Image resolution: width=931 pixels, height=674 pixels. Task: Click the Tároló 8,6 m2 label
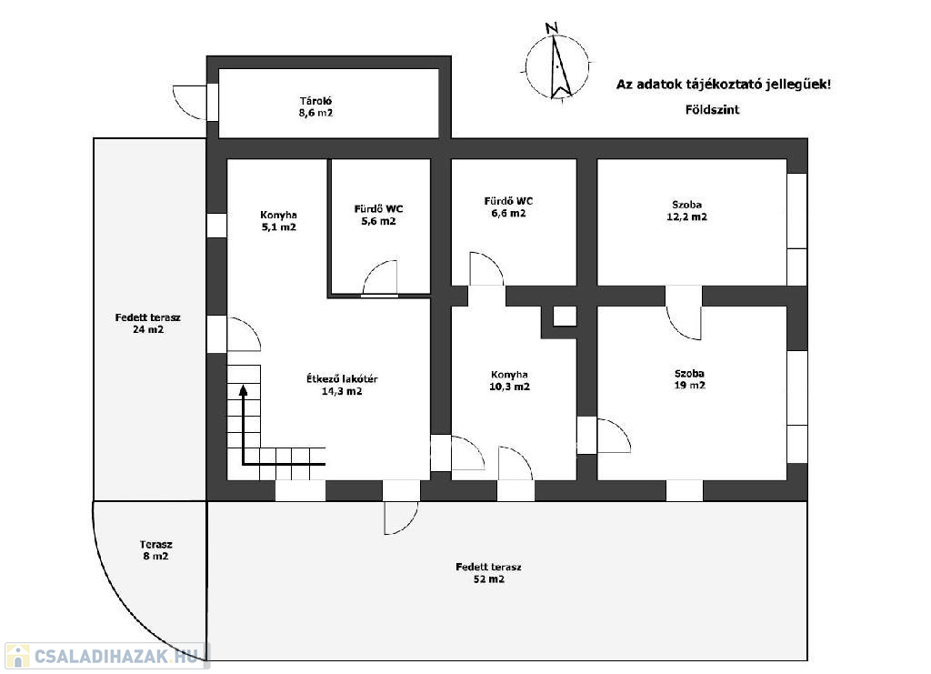click(315, 107)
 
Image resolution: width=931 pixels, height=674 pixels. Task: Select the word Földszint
click(712, 110)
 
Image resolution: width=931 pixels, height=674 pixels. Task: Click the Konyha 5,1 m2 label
click(278, 221)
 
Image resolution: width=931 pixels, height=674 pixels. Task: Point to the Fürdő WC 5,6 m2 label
click(378, 215)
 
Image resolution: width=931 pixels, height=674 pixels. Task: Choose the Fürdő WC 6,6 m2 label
click(508, 207)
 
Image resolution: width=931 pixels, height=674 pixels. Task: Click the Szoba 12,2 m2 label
click(687, 211)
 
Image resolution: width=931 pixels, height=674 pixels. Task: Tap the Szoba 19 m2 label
click(689, 379)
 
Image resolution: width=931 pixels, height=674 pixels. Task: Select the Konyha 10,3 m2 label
click(509, 380)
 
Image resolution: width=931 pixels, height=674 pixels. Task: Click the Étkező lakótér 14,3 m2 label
click(342, 385)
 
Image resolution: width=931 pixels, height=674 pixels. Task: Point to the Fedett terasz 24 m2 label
click(148, 324)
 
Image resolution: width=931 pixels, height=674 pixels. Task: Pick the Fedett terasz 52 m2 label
click(488, 573)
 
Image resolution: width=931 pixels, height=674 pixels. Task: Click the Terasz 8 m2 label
click(155, 550)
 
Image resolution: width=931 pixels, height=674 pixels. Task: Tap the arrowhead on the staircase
click(243, 390)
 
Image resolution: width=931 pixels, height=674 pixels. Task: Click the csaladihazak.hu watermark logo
click(107, 656)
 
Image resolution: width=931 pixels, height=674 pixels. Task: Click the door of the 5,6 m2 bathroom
click(380, 278)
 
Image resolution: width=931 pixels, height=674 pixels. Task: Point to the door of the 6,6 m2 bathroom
click(486, 268)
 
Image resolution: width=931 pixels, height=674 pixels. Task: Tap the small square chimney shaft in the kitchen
click(565, 316)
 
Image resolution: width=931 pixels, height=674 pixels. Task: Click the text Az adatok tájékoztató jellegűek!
click(723, 85)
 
